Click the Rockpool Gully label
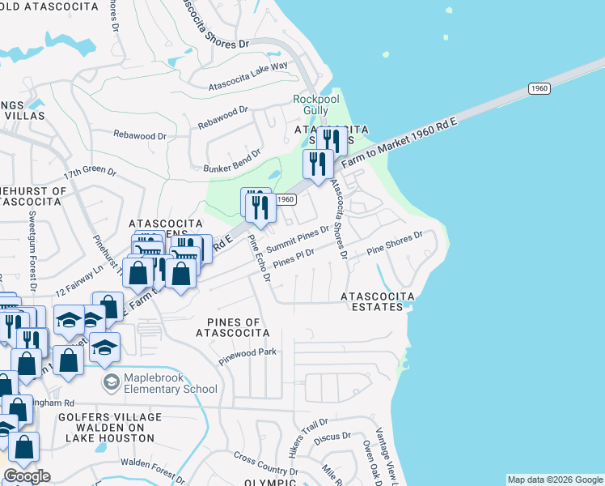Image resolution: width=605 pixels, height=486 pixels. tap(311, 104)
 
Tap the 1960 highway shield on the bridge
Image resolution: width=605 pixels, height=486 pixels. tap(539, 87)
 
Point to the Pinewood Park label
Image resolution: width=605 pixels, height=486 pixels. tap(247, 353)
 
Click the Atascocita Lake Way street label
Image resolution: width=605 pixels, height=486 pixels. tap(248, 76)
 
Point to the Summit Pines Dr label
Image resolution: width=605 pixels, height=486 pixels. tap(298, 237)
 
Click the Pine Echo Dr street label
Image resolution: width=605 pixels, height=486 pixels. tap(259, 258)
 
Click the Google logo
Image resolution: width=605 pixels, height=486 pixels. tap(27, 476)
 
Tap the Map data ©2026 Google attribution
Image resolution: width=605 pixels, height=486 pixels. tap(555, 480)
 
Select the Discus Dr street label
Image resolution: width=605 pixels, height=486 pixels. tap(335, 437)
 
